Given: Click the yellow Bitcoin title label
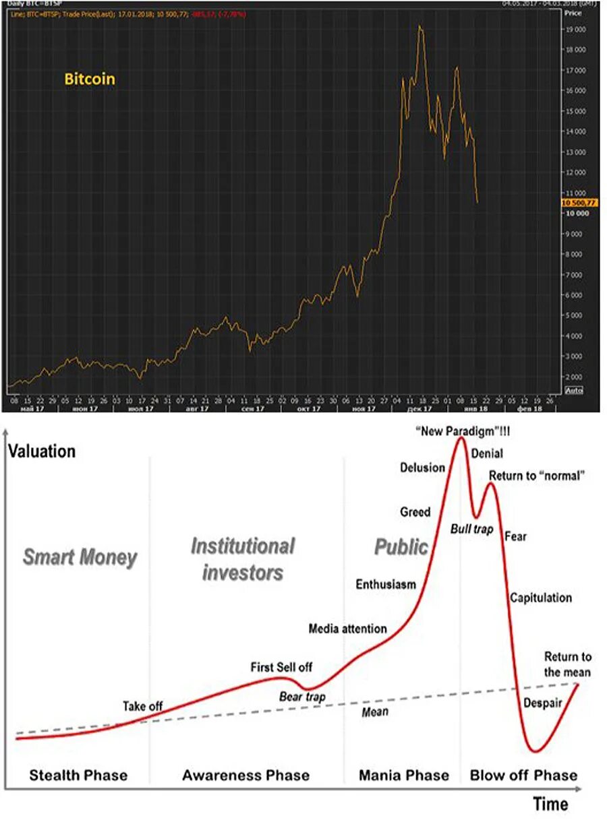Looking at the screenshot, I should pos(90,80).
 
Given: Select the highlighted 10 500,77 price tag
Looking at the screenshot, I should pos(579,203).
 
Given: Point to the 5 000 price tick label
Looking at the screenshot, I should pos(576,315).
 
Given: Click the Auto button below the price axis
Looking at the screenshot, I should pos(574,391).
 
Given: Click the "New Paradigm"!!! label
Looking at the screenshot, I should pos(463,431).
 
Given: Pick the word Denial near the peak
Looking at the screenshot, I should pos(487,453).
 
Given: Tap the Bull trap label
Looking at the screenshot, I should pos(472,529).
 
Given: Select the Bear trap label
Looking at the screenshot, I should pos(302,697).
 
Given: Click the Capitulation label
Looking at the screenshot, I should pos(541,598).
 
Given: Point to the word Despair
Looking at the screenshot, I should pos(543,703).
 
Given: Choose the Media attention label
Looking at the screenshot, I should pos(348,629).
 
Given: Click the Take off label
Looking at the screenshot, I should pos(143,707).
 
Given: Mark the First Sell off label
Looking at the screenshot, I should pos(282,668).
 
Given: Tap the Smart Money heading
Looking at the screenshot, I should pos(80,558).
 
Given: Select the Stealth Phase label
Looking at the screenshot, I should pos(78,775).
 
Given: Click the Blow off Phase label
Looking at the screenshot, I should pos(524,775).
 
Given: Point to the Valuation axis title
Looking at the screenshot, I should pos(42,451).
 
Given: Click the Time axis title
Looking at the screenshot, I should pos(551,804).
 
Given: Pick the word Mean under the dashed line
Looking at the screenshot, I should pos(375,711).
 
